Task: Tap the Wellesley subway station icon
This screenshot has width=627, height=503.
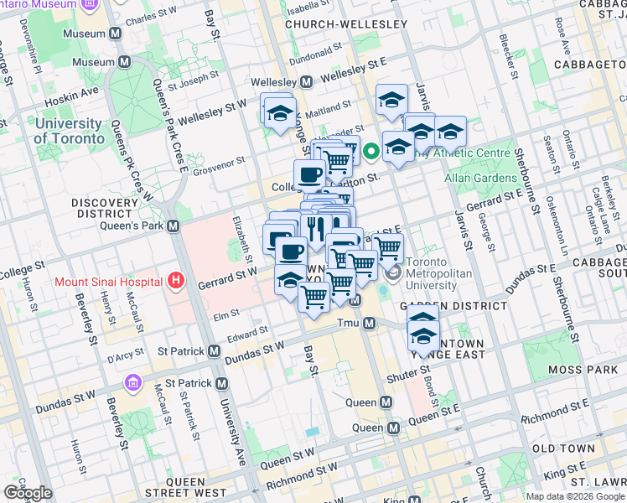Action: click(306, 82)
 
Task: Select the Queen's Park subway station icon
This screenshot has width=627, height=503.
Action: click(174, 226)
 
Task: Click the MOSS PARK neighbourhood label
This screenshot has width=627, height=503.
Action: click(583, 370)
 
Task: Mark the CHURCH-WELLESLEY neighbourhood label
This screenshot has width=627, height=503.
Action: click(345, 25)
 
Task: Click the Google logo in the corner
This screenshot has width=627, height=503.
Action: click(28, 493)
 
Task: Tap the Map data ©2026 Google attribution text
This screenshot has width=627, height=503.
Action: click(574, 496)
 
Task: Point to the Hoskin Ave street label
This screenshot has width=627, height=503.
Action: click(77, 91)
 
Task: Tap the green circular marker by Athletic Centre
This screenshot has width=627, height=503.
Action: click(370, 153)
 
